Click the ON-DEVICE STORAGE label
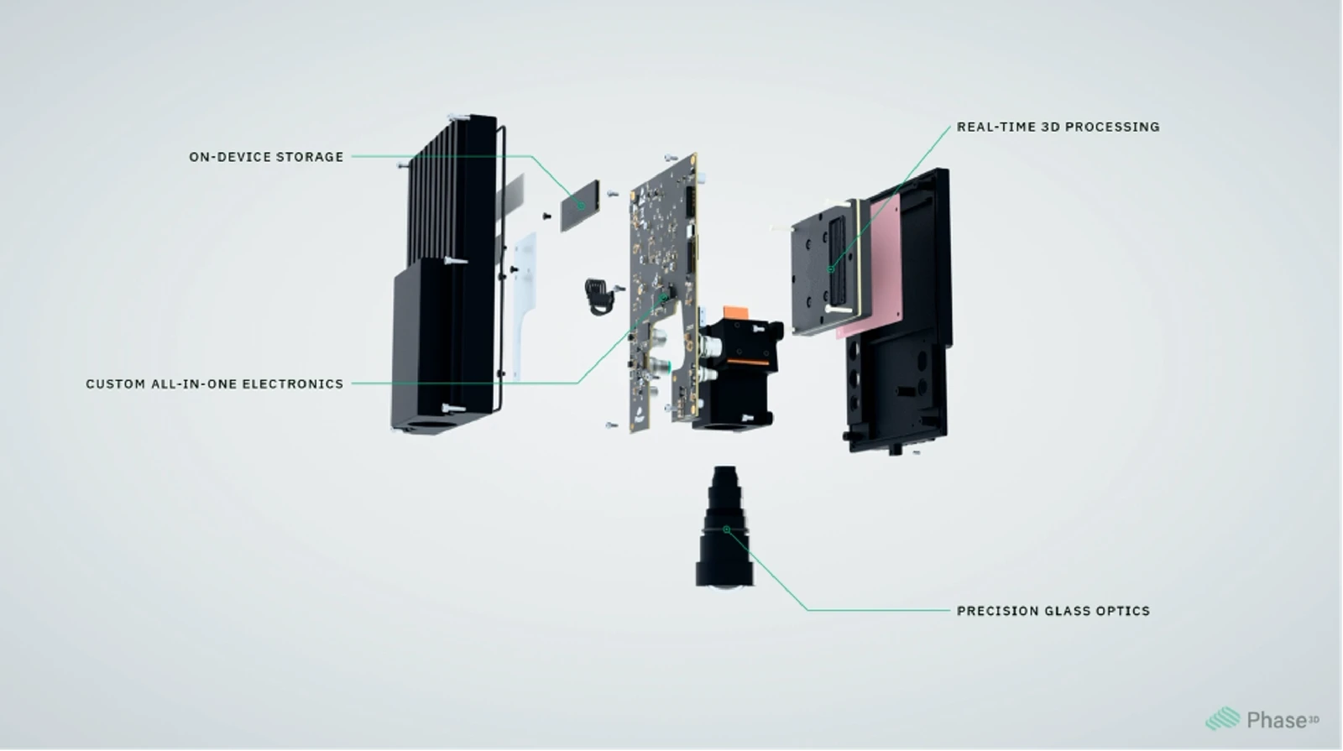266,157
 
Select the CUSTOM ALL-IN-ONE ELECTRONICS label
215,384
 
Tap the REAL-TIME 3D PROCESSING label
1058,127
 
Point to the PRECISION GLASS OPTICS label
1053,612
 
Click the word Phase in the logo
1277,721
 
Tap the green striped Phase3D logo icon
1223,718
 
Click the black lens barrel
724,528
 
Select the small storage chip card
580,206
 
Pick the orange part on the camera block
736,313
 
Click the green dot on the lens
727,529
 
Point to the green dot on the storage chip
581,206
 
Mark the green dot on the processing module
831,269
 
